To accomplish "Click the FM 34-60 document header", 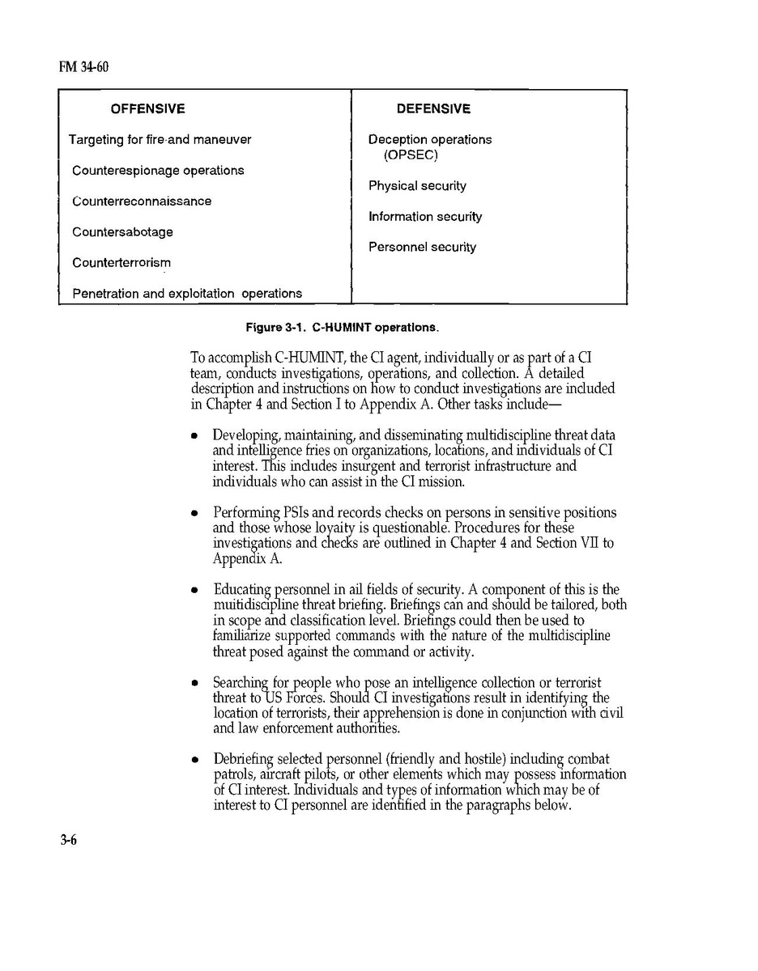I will pyautogui.click(x=83, y=66).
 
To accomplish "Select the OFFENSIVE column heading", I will pyautogui.click(x=147, y=108).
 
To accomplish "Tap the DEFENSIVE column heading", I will pyautogui.click(x=433, y=108).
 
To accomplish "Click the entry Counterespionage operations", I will pyautogui.click(x=158, y=171).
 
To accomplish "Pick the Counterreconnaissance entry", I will pyautogui.click(x=142, y=201).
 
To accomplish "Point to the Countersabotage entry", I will pyautogui.click(x=122, y=232).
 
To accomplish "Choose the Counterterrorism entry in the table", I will pyautogui.click(x=121, y=263).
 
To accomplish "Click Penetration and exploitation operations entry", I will pyautogui.click(x=187, y=294).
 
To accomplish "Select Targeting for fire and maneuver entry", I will pyautogui.click(x=160, y=140).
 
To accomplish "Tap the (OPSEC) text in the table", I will pyautogui.click(x=411, y=155).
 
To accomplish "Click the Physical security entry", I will pyautogui.click(x=417, y=186).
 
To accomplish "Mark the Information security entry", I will pyautogui.click(x=425, y=217).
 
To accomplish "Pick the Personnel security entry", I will pyautogui.click(x=422, y=248).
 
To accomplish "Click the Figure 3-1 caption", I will pyautogui.click(x=343, y=328).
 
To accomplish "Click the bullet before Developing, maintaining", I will pyautogui.click(x=194, y=436).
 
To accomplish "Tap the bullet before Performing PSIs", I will pyautogui.click(x=194, y=514).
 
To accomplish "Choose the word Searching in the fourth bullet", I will pyautogui.click(x=241, y=683).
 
